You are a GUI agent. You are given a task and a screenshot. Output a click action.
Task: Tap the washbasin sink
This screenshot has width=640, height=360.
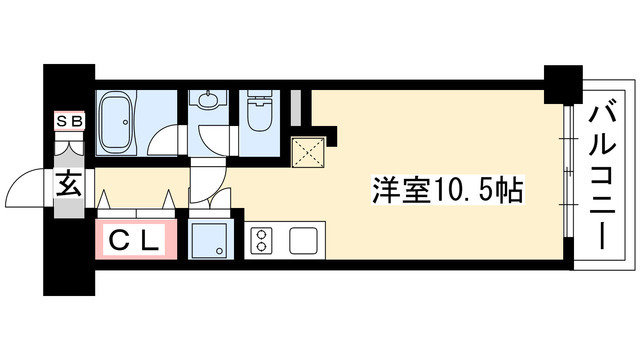click(x=209, y=101)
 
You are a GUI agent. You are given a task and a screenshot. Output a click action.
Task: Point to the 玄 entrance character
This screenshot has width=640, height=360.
click(x=68, y=185)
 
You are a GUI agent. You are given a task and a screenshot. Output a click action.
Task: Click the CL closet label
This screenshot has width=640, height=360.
click(x=135, y=240)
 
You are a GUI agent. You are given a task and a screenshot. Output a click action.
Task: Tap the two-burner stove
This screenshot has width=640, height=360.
click(x=263, y=241)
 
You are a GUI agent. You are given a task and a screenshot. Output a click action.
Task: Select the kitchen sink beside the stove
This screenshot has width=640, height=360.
click(x=303, y=241)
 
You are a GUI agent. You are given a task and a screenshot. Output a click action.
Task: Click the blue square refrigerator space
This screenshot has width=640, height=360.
click(x=212, y=240)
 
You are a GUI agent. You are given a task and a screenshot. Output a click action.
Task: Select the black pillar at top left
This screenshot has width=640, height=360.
click(x=69, y=87)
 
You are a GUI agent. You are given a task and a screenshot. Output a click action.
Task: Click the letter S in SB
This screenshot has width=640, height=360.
click(x=62, y=121)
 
